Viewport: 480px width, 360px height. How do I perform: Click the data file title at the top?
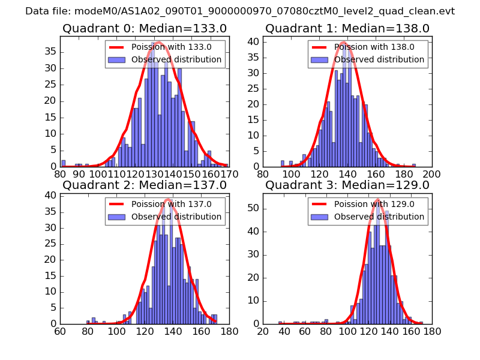[240, 11]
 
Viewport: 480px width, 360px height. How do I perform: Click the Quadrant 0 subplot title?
[144, 28]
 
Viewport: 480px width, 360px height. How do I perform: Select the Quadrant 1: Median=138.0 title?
[347, 28]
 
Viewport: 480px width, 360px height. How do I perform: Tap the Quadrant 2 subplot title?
[144, 185]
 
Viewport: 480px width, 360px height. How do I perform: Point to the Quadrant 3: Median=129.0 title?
[347, 185]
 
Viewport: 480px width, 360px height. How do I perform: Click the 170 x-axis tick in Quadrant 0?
[229, 173]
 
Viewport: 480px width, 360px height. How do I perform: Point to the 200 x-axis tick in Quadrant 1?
[431, 173]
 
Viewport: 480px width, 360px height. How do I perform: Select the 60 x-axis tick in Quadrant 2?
[60, 331]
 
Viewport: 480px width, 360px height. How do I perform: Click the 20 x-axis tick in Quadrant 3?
[263, 331]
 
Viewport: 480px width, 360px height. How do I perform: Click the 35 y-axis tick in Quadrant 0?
[52, 52]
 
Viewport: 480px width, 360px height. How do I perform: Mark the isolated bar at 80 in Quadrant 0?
[63, 163]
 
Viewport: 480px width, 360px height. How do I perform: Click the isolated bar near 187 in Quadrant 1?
[413, 165]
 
